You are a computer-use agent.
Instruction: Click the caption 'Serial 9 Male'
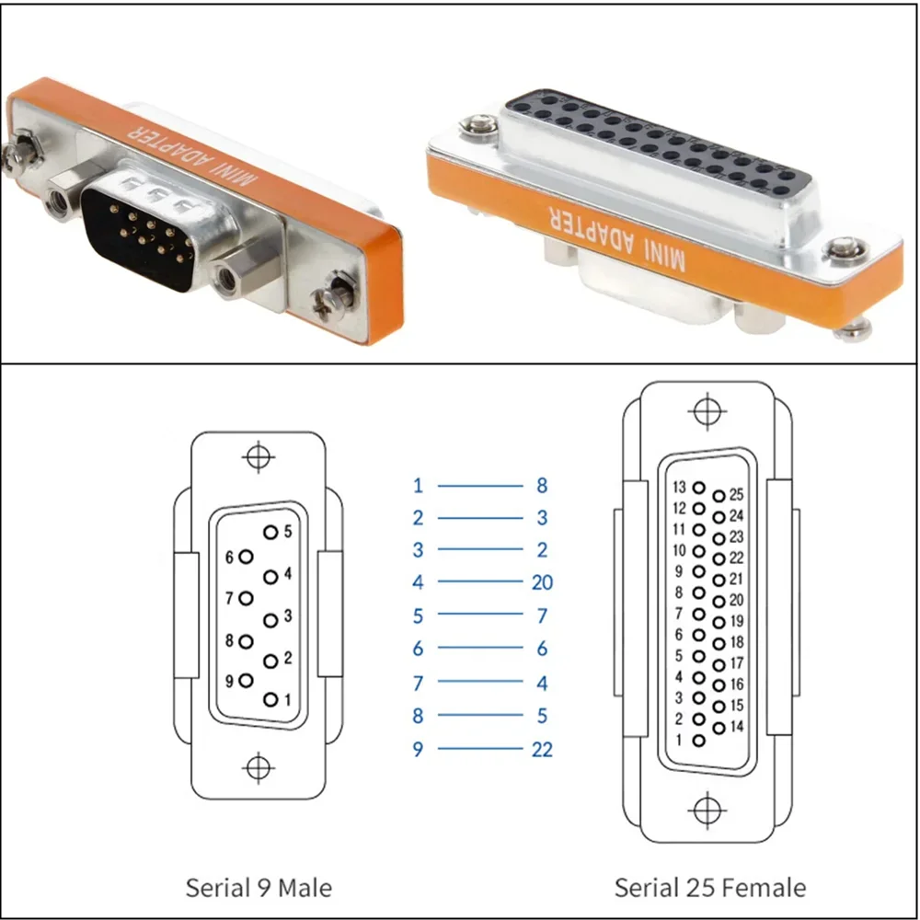pos(259,887)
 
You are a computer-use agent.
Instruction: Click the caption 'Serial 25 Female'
pos(710,887)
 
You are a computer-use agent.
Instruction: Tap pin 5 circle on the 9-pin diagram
pos(270,532)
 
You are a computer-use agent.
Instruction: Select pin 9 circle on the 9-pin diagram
pos(246,681)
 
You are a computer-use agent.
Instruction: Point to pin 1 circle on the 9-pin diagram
pos(270,699)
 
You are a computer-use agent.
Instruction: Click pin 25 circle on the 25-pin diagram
pos(719,497)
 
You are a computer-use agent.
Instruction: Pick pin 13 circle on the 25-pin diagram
pos(699,487)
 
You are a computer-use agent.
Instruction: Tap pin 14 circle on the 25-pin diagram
pos(719,728)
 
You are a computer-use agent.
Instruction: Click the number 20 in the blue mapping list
pos(542,582)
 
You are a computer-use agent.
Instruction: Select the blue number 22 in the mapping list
pos(542,749)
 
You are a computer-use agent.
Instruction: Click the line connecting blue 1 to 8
pos(480,486)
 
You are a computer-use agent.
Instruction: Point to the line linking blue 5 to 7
pos(480,614)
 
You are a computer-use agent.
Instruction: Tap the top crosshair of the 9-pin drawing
pos(259,457)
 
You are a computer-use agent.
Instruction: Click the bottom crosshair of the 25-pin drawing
pos(707,811)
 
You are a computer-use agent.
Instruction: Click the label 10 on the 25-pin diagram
pos(680,550)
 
